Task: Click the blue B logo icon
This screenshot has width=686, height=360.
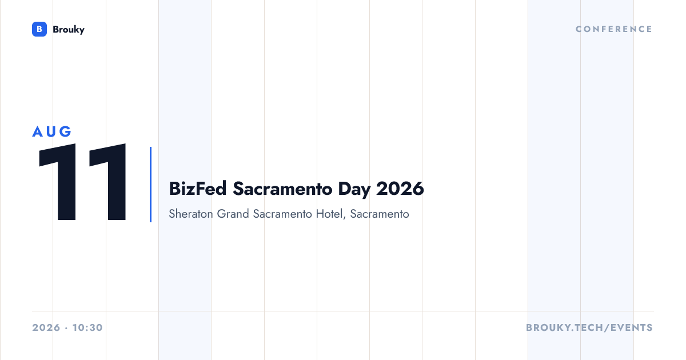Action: [x=39, y=29]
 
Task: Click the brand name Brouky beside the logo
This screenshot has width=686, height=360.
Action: [x=69, y=30]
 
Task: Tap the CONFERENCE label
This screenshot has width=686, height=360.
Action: [x=614, y=29]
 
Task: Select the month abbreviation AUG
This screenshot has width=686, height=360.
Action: [x=52, y=131]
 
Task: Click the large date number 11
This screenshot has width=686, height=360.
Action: [x=82, y=182]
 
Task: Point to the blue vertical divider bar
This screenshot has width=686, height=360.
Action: [x=150, y=184]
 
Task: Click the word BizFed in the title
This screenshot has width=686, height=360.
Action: [x=198, y=188]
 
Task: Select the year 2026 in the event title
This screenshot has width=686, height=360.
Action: [x=400, y=189]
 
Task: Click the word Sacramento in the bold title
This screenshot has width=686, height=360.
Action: [x=282, y=189]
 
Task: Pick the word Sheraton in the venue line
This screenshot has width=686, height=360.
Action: [x=191, y=214]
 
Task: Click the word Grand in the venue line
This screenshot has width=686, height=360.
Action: [x=233, y=214]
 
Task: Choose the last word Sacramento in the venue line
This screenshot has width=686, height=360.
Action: [x=380, y=214]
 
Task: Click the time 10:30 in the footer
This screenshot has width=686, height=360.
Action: [x=87, y=327]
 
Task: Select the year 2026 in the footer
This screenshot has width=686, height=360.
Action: [x=46, y=327]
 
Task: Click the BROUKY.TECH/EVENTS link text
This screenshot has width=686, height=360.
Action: [x=589, y=327]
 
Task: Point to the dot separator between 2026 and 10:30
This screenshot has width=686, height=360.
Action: [x=66, y=328]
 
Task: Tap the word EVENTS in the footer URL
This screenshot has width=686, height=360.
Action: [x=632, y=327]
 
